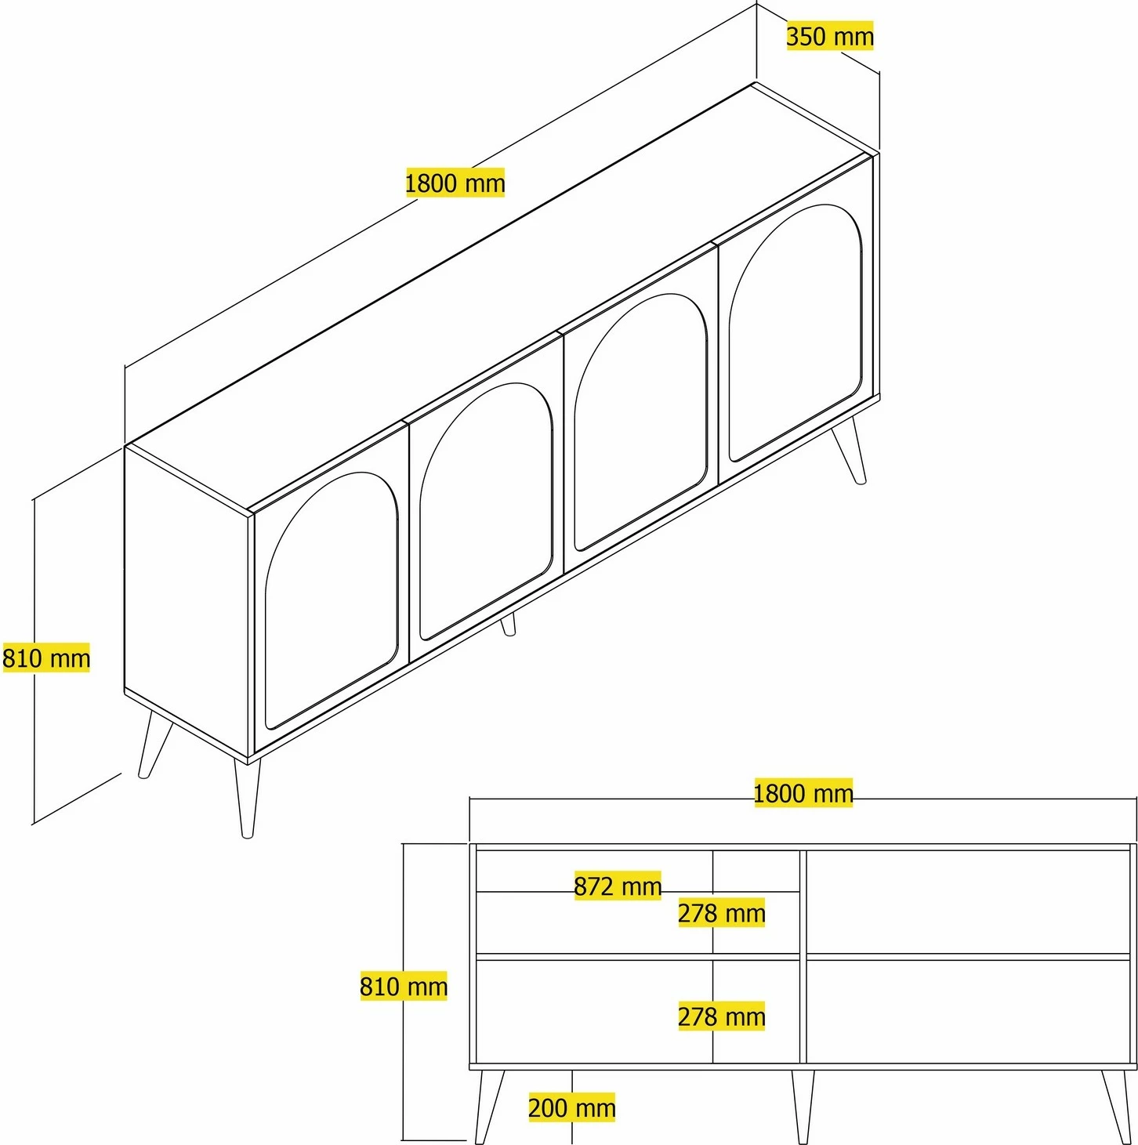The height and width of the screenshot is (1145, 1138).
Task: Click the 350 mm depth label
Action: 830,36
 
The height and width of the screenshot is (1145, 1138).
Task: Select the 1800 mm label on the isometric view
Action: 455,183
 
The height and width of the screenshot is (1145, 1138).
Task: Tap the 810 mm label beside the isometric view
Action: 45,658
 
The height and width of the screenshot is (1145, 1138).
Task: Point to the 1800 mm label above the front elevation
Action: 803,793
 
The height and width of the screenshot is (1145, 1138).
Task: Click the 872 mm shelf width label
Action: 618,886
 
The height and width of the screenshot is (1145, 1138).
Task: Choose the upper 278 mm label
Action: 721,913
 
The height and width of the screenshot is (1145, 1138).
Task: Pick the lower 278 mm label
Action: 721,1016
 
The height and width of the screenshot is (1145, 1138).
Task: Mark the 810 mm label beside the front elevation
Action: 404,987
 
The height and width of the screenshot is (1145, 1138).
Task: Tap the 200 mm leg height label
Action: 571,1107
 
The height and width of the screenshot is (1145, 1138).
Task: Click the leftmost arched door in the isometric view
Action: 331,600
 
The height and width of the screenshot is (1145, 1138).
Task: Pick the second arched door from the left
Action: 486,511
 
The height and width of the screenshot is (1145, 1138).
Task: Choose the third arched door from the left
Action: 640,422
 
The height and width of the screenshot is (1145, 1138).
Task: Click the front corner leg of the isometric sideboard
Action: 247,797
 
